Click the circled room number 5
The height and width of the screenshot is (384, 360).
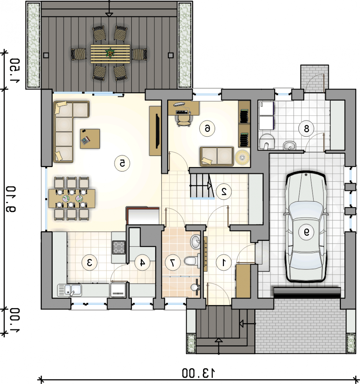pyautogui.click(x=122, y=164)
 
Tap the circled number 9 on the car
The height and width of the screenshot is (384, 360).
pyautogui.click(x=306, y=232)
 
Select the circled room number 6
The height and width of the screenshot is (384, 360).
pyautogui.click(x=207, y=129)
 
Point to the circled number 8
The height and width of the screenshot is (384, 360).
pyautogui.click(x=306, y=128)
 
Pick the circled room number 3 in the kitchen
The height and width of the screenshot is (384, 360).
pyautogui.click(x=89, y=263)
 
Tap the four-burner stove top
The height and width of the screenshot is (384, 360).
pyautogui.click(x=119, y=247)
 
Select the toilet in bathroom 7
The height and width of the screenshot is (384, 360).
pyautogui.click(x=192, y=260)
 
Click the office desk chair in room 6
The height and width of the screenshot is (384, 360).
pyautogui.click(x=183, y=120)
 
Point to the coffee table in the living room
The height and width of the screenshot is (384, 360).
pyautogui.click(x=90, y=139)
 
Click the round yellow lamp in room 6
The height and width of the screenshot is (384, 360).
pyautogui.click(x=242, y=157)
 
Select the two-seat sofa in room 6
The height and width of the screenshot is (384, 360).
pyautogui.click(x=217, y=156)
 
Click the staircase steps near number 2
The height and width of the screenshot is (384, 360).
pyautogui.click(x=201, y=186)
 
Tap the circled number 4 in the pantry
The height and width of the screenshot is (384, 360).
pyautogui.click(x=143, y=263)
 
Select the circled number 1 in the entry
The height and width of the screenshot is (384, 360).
pyautogui.click(x=224, y=263)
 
